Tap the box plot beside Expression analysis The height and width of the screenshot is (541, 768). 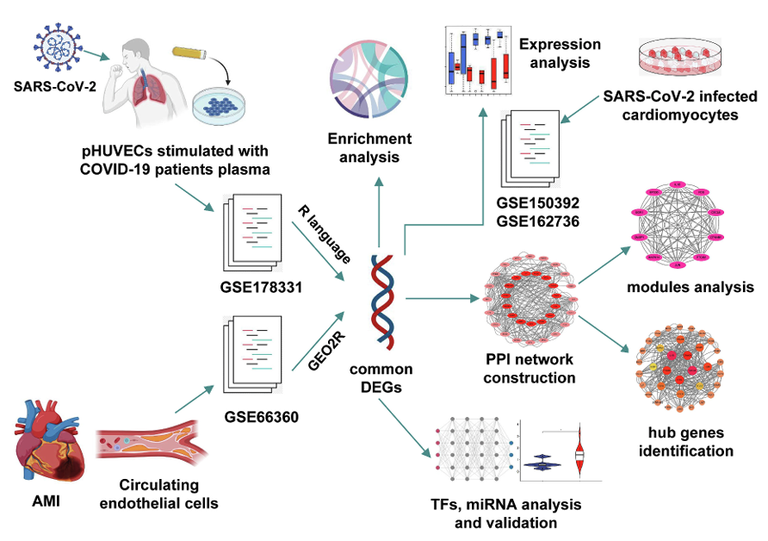[x=478, y=59]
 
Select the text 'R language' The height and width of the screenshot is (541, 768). [x=324, y=233]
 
